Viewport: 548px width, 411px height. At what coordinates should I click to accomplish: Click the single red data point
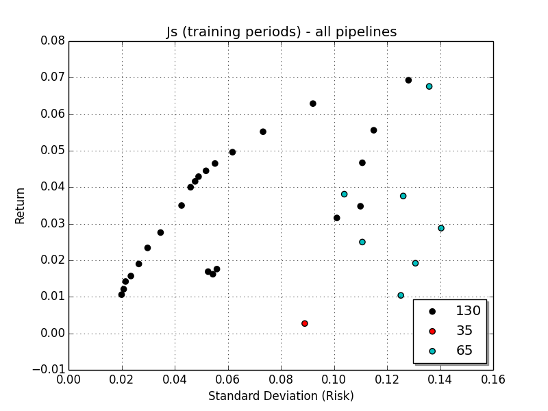click(x=305, y=323)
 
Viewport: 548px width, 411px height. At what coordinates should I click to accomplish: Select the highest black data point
click(x=408, y=80)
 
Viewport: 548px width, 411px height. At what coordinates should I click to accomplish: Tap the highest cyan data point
click(x=429, y=86)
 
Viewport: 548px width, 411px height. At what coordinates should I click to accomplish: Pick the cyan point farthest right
click(x=441, y=228)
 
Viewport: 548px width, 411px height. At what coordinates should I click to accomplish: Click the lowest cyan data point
click(x=401, y=295)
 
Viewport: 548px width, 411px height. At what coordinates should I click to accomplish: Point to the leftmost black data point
click(x=121, y=295)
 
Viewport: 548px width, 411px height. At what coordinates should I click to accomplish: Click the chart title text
click(x=281, y=32)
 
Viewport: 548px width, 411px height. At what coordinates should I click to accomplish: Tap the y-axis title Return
click(x=21, y=205)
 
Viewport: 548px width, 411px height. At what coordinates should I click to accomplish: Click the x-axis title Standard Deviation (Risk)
click(x=281, y=396)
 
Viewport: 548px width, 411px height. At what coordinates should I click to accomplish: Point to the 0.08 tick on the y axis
click(x=52, y=41)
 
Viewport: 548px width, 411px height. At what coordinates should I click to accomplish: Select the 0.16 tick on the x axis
click(x=493, y=379)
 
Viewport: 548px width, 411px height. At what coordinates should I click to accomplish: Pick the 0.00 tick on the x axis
click(x=68, y=379)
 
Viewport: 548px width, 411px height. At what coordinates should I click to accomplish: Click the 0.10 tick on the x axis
click(x=334, y=379)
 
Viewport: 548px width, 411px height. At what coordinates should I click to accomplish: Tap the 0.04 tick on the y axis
click(x=52, y=187)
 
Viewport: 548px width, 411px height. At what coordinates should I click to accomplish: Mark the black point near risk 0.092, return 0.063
click(x=313, y=103)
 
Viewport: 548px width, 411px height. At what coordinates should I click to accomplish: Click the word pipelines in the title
click(x=370, y=32)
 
